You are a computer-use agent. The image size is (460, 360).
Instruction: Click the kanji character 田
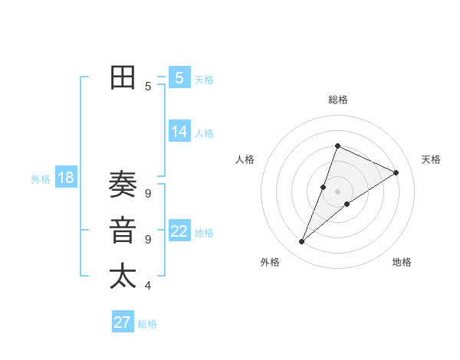click(123, 77)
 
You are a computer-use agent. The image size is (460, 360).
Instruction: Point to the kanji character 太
click(123, 277)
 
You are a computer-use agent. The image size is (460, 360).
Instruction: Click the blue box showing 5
click(179, 77)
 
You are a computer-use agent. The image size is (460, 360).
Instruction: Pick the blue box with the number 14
click(179, 132)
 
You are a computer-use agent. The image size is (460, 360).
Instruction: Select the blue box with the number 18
click(65, 178)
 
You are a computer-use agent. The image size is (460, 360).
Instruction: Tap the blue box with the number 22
click(179, 231)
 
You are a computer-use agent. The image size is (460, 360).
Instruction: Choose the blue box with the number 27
click(122, 322)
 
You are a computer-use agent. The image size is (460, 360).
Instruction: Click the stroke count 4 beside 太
click(147, 286)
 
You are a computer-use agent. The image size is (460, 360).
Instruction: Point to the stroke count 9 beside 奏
click(147, 193)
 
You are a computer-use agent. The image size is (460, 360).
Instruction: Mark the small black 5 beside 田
click(147, 87)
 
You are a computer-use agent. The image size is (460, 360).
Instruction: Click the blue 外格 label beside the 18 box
click(41, 179)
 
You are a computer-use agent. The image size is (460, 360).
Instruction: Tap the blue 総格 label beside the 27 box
click(147, 324)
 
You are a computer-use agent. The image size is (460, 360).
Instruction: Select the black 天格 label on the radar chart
click(431, 159)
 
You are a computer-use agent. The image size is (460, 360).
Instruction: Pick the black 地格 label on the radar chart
click(402, 262)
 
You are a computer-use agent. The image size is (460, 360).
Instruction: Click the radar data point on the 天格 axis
click(396, 172)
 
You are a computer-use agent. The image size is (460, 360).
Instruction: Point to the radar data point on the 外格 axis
click(301, 242)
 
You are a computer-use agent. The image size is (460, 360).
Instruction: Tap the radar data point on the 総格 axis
click(337, 146)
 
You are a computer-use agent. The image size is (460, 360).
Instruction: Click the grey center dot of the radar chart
click(337, 191)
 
